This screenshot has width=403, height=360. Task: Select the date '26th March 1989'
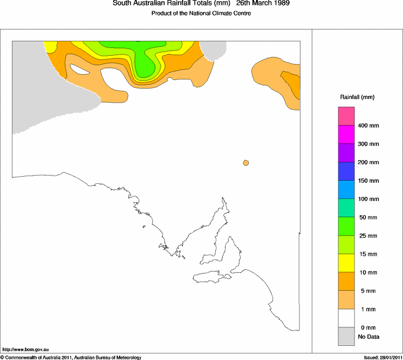click(x=263, y=4)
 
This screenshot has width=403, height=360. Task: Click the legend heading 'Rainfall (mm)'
click(x=357, y=97)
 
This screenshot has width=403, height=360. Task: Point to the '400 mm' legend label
click(x=368, y=126)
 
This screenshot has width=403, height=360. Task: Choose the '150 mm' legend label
click(x=368, y=181)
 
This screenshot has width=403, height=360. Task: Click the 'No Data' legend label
click(x=368, y=337)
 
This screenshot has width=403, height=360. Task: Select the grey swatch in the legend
click(x=346, y=336)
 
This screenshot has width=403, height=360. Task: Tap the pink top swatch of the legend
click(x=346, y=116)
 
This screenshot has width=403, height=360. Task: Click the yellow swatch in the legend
click(x=346, y=263)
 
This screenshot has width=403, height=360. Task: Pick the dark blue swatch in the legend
click(x=346, y=171)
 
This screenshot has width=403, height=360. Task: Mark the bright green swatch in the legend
click(x=346, y=226)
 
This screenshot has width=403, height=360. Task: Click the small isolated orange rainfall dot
click(x=245, y=163)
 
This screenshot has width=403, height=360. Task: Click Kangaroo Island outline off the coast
click(x=209, y=276)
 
